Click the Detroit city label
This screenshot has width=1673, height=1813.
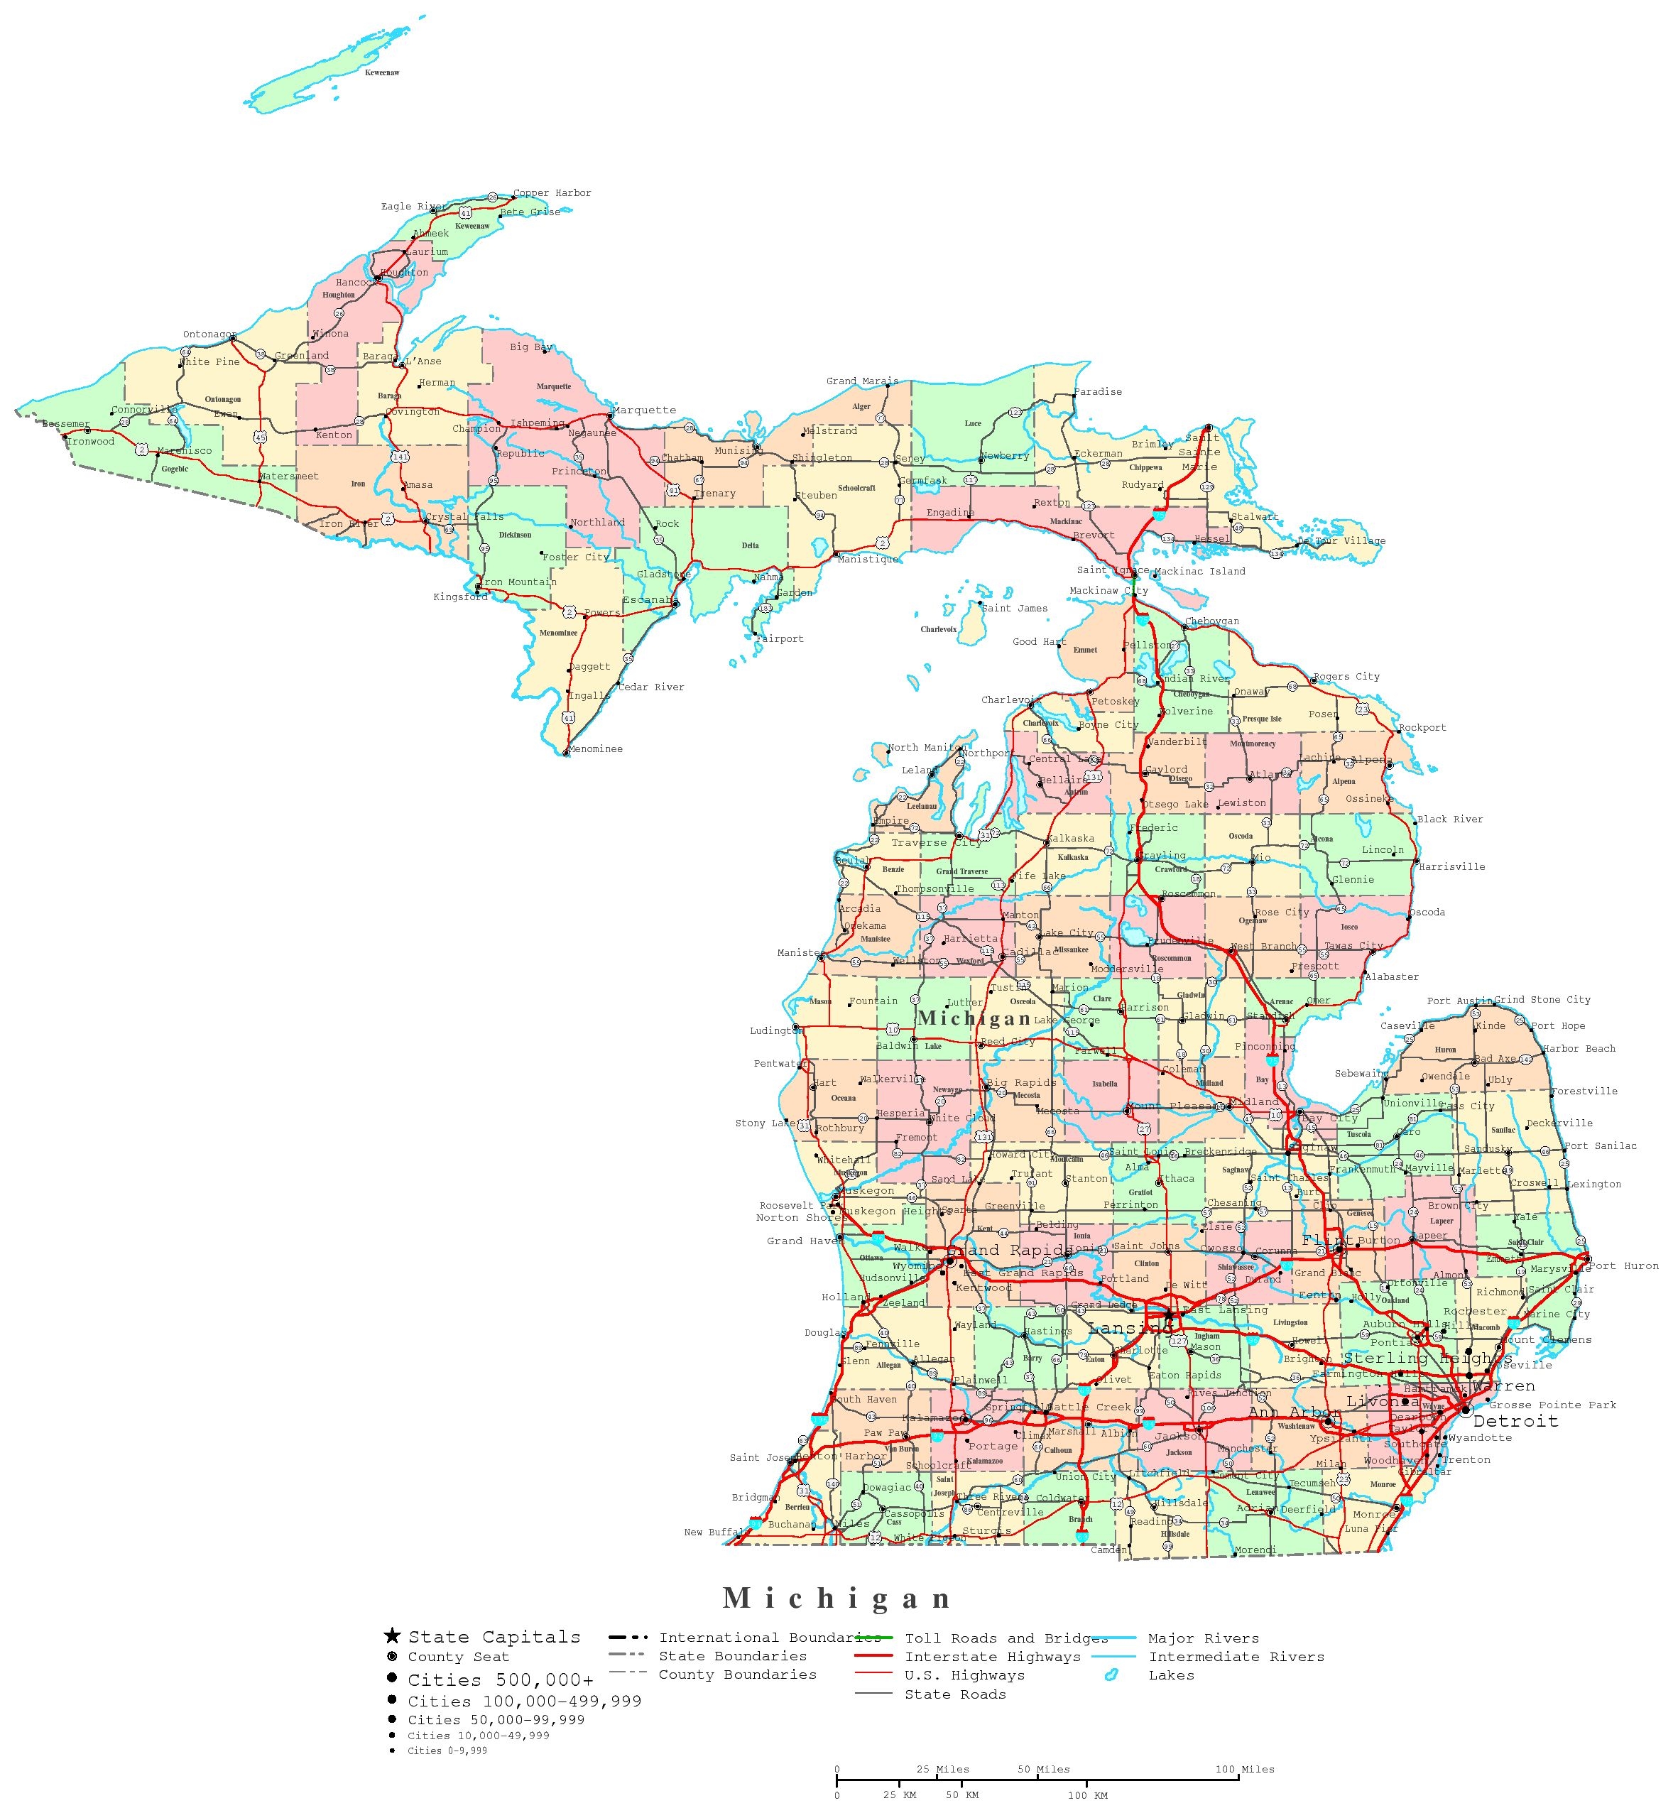coord(1515,1421)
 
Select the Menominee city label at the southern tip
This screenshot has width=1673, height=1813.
coord(596,748)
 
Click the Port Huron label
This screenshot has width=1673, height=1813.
coord(1623,1265)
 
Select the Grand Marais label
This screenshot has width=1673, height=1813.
coord(862,381)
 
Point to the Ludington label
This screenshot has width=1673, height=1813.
coord(775,1030)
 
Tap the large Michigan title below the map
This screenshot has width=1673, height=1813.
coord(837,1599)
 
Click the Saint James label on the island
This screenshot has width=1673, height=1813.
coord(1014,609)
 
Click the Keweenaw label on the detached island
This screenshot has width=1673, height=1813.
coord(382,72)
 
